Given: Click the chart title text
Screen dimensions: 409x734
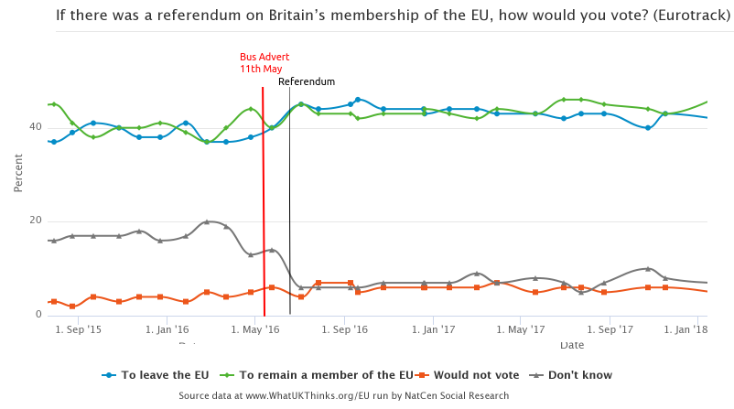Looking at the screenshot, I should [x=394, y=16].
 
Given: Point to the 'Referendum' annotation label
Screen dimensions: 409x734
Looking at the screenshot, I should [x=306, y=81].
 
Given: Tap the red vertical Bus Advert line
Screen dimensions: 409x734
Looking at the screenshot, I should [x=264, y=201].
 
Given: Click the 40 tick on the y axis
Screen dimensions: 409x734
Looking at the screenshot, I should [x=36, y=127].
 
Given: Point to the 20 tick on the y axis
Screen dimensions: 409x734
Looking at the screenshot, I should [x=36, y=221].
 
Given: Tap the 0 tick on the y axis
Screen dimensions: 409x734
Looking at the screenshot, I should [x=38, y=315].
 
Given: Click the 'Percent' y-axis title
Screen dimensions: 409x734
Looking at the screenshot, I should [x=18, y=173].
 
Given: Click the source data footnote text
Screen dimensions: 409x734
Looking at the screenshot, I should [x=343, y=395].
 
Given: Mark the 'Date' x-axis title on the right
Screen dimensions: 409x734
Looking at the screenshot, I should [x=572, y=345].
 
